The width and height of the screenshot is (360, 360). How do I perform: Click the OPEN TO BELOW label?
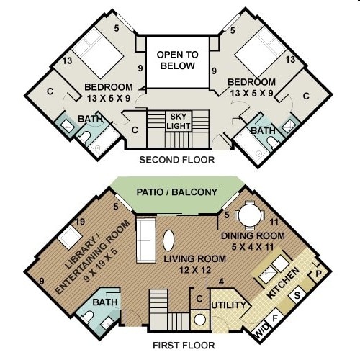177,60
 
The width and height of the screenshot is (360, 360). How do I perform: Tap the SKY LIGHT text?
178,120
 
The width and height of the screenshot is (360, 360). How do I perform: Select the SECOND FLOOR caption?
176,160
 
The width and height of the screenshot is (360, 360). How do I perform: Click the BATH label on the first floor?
105,302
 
